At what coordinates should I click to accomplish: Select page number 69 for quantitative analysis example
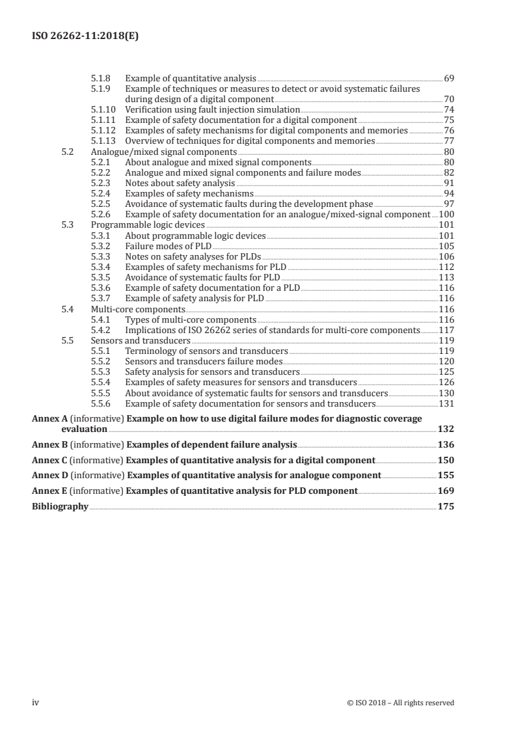448,78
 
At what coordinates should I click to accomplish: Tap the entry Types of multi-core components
191,319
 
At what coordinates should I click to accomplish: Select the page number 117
446,330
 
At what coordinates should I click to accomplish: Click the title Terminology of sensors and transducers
206,351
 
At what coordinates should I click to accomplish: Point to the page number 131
446,403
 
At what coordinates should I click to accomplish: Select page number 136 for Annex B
446,444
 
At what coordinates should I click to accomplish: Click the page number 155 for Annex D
446,475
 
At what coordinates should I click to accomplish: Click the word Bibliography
60,506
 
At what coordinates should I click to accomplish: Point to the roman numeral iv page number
36,703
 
